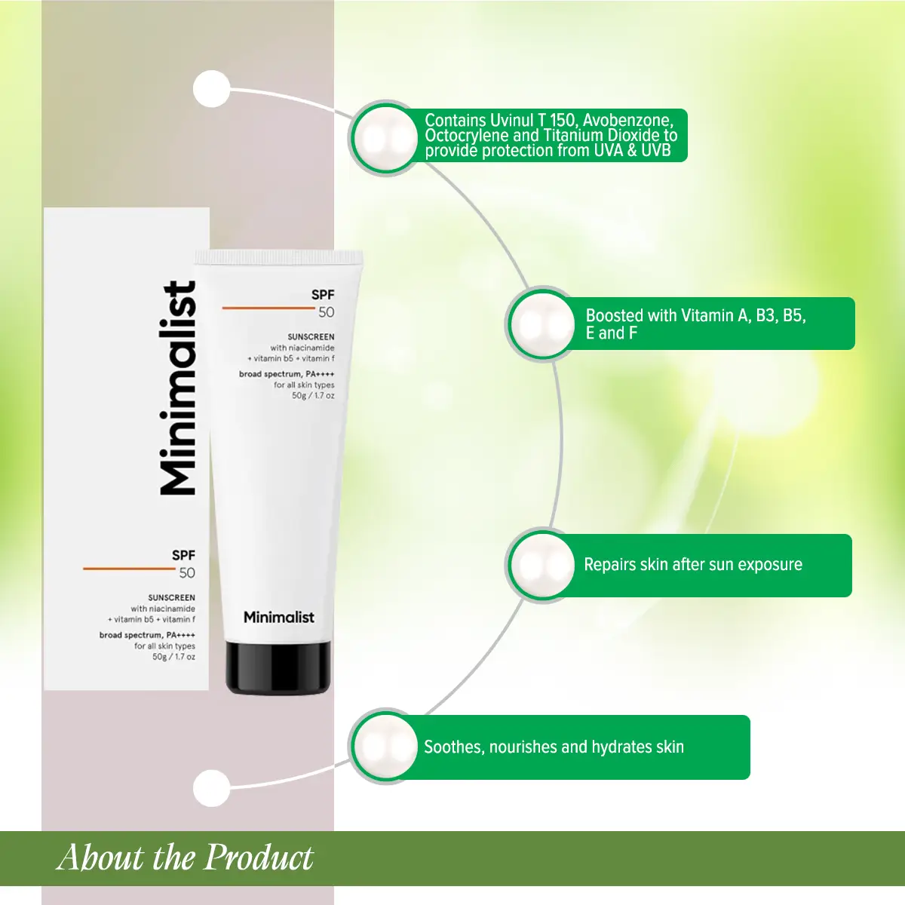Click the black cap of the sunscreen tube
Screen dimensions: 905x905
coord(278,667)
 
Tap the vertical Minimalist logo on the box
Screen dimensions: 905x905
coord(179,388)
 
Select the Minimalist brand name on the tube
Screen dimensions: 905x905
coord(278,617)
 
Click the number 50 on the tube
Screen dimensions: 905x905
coord(326,312)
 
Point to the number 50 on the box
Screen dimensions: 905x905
coord(187,572)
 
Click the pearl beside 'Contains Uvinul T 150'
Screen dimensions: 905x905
coord(385,139)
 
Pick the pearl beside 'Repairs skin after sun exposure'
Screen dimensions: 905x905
coord(542,565)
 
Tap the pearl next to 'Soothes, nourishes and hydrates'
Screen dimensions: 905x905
coord(385,747)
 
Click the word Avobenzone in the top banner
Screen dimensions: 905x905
coord(626,121)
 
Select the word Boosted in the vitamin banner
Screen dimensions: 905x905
coord(614,315)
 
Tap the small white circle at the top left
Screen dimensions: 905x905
coord(211,89)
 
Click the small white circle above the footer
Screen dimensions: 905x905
coord(211,788)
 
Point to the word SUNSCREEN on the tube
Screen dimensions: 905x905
coord(311,337)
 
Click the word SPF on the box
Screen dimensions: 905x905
coord(183,555)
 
